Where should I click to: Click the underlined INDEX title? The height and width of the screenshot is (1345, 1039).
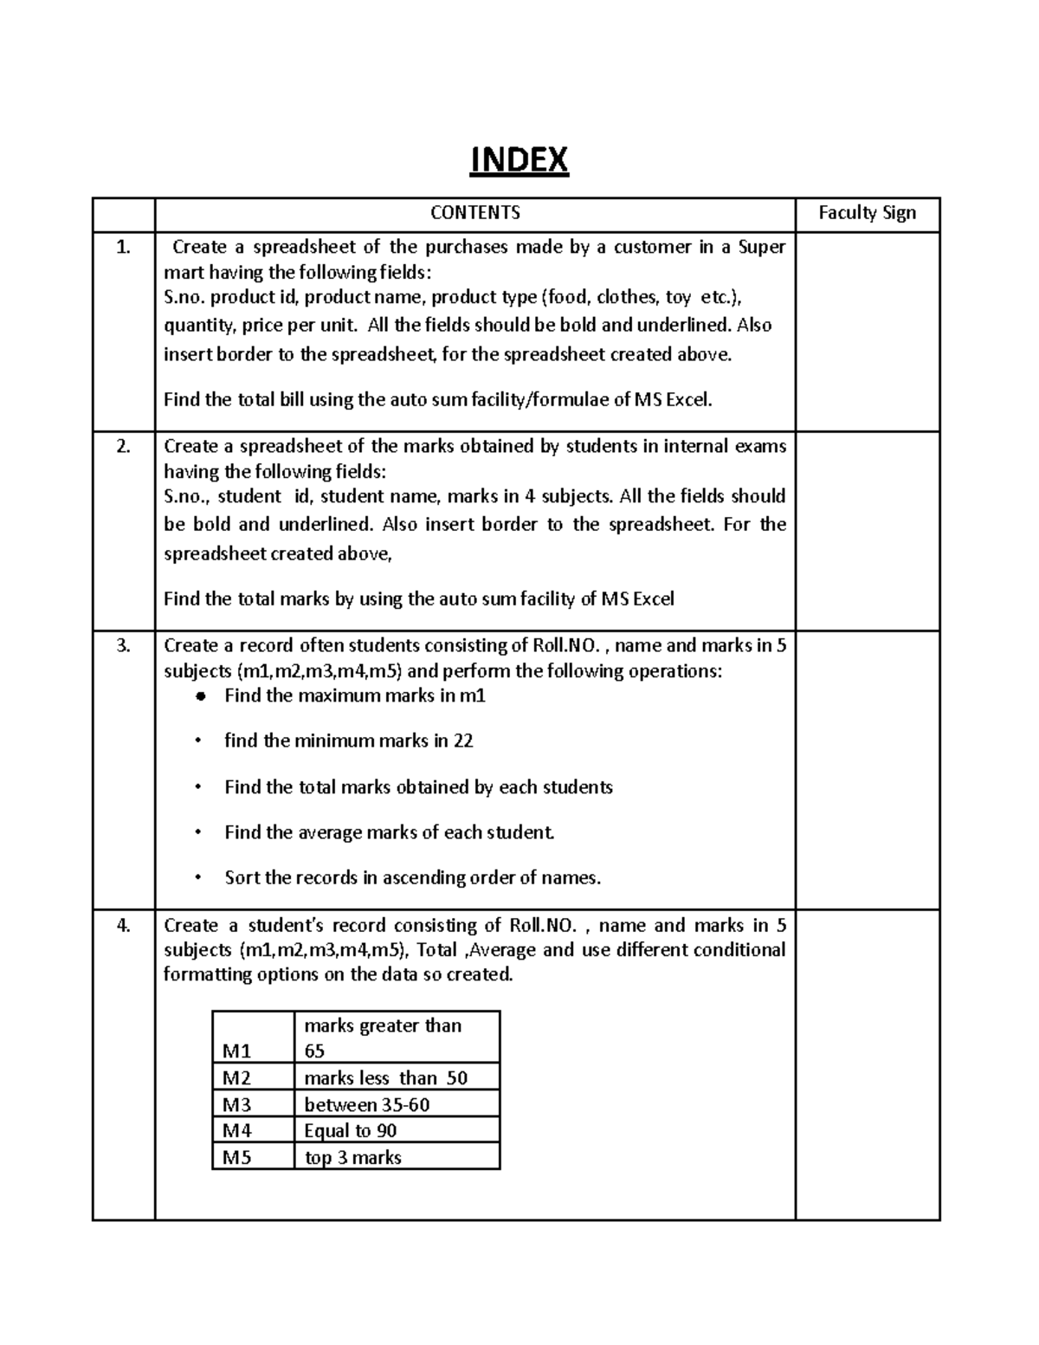pyautogui.click(x=519, y=160)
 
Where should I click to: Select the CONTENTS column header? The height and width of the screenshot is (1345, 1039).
pyautogui.click(x=475, y=213)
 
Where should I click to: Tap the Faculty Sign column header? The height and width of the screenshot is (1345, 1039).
pyautogui.click(x=867, y=213)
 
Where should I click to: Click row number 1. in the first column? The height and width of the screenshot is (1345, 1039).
pyautogui.click(x=123, y=248)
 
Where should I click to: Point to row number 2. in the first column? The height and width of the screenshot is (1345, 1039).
pyautogui.click(x=123, y=447)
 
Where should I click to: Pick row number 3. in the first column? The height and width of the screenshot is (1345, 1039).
pyautogui.click(x=123, y=646)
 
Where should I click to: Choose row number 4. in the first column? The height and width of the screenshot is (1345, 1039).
pyautogui.click(x=123, y=926)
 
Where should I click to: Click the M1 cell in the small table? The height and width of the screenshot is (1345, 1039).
pyautogui.click(x=236, y=1051)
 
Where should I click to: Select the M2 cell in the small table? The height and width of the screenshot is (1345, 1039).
pyautogui.click(x=236, y=1078)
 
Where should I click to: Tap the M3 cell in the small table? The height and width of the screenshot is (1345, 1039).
pyautogui.click(x=236, y=1105)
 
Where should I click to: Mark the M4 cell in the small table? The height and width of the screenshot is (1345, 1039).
pyautogui.click(x=236, y=1131)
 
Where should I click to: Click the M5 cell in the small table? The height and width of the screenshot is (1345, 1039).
pyautogui.click(x=236, y=1158)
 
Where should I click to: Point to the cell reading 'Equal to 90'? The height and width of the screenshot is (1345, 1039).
pyautogui.click(x=351, y=1131)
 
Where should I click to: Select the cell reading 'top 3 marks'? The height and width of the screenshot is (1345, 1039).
pyautogui.click(x=353, y=1158)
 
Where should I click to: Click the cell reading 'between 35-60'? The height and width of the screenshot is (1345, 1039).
pyautogui.click(x=367, y=1105)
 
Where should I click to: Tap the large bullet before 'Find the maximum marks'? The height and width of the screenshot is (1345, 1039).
pyautogui.click(x=200, y=696)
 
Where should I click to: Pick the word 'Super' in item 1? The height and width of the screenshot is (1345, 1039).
pyautogui.click(x=761, y=248)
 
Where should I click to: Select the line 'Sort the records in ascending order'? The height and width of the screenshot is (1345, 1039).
pyautogui.click(x=412, y=878)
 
